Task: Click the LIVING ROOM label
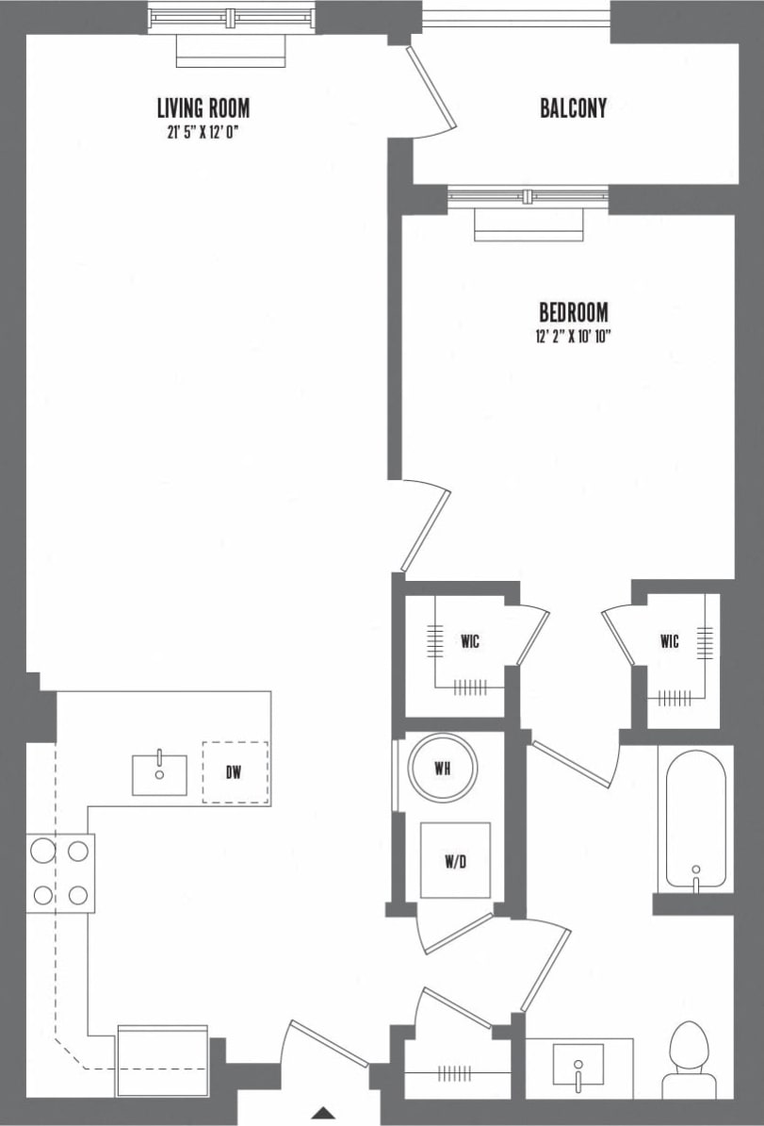tap(203, 108)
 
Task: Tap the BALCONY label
tap(573, 108)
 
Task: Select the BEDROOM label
tap(573, 312)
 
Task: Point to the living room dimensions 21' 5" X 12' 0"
tap(203, 132)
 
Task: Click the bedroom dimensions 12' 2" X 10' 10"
tap(573, 336)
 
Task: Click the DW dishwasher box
tap(235, 772)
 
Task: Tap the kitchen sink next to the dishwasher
tap(159, 774)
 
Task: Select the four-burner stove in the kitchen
tap(59, 873)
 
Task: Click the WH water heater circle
tap(442, 768)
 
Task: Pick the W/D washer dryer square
tap(455, 860)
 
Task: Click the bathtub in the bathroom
tap(696, 820)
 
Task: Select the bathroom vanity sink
tap(577, 1067)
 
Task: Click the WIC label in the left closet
tap(470, 642)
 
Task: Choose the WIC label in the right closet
tap(669, 642)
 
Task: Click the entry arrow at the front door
tap(323, 1113)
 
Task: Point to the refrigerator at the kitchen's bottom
tap(162, 1061)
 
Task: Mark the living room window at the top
tap(232, 17)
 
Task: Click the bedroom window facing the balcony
tap(528, 197)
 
